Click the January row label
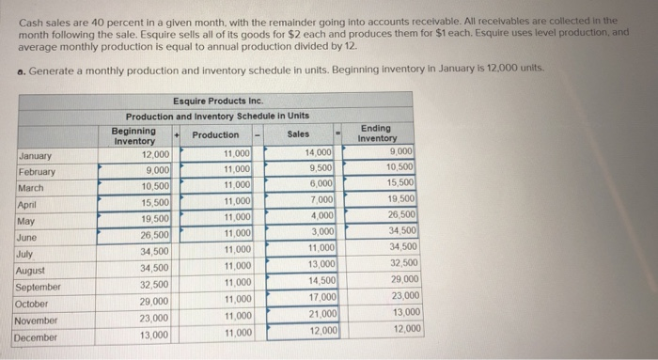pos(36,156)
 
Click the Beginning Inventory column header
pos(133,134)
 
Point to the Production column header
pos(215,135)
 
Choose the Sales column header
pos(299,135)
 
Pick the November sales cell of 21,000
pos(318,314)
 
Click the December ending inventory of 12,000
pos(406,328)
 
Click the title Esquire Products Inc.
pos(217,101)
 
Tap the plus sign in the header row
pos(177,134)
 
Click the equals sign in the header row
pos(341,134)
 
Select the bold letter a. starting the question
pos(21,70)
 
